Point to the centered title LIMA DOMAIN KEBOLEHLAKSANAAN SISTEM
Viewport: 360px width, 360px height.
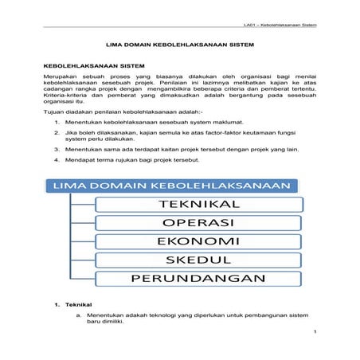[179, 47]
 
